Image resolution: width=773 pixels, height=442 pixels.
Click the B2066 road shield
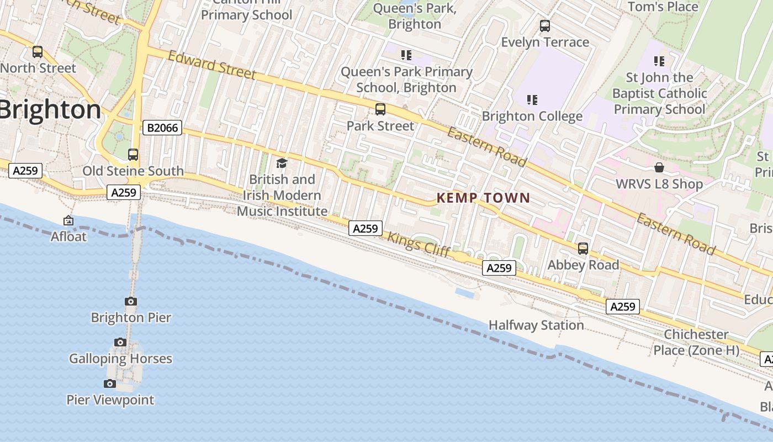pos(162,128)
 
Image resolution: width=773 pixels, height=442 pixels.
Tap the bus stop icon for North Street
pos(38,52)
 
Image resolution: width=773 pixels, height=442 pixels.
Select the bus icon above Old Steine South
pos(133,155)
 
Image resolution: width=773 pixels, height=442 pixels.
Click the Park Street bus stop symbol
pos(380,109)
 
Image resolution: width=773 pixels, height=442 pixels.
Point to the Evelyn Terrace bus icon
pos(545,26)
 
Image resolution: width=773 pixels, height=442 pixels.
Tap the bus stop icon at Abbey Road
pos(583,249)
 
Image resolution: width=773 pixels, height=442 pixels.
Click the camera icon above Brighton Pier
pos(131,301)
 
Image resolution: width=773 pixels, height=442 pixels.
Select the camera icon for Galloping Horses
pos(120,343)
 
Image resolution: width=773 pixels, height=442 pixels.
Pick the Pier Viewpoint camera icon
pos(110,383)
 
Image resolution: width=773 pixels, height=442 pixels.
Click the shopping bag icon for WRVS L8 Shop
pos(659,167)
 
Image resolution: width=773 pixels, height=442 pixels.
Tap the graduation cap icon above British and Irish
pos(282,163)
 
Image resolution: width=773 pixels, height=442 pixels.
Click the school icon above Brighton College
pos(532,100)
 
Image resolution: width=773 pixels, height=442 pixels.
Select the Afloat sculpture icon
pos(68,220)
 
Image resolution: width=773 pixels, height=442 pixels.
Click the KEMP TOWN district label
pos(483,198)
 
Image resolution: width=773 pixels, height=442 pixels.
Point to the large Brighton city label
pos(50,110)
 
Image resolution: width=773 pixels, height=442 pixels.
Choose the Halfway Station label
pos(536,325)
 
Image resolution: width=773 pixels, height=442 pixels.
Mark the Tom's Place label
pos(663,7)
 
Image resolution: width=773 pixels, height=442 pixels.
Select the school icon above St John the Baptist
pos(659,61)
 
